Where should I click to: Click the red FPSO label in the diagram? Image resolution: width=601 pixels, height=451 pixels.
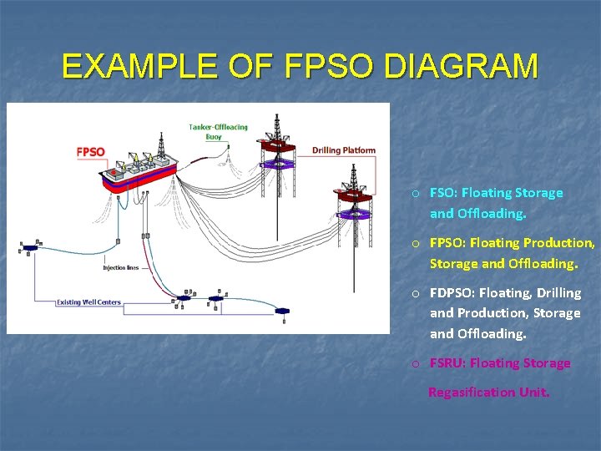tap(90, 152)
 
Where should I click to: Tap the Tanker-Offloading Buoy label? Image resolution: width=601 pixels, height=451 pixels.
tap(218, 132)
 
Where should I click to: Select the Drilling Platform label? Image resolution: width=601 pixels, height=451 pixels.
tap(344, 150)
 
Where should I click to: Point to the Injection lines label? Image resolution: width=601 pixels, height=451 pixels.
tap(120, 268)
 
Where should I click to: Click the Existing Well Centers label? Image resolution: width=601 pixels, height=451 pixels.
tap(88, 302)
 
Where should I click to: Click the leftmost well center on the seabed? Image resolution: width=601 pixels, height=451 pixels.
tap(31, 247)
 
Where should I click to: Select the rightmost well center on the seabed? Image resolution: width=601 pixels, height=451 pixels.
tap(281, 311)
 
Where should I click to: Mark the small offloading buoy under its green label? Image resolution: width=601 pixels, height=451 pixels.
tap(219, 147)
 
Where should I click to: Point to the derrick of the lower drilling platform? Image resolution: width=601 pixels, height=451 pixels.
tap(353, 178)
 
